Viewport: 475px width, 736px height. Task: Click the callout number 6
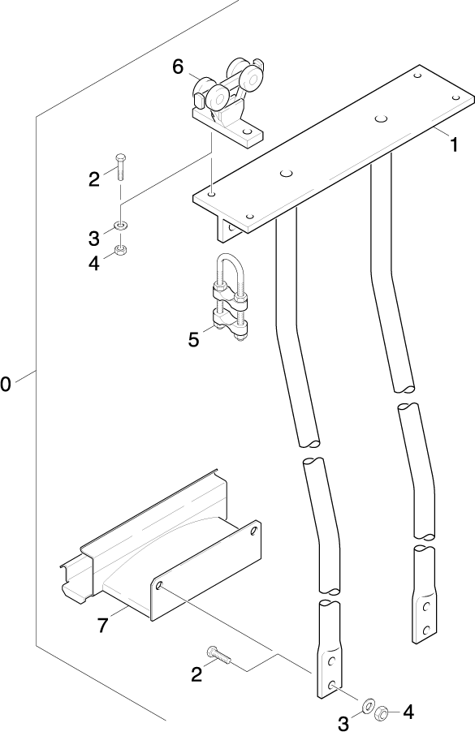coord(178,67)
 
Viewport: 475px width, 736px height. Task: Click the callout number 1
coord(453,145)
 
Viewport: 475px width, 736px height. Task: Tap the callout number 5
coord(193,339)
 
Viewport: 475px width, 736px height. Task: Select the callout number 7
coord(103,625)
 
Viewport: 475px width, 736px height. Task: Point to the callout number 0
coord(5,384)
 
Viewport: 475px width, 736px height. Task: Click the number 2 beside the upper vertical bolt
coord(94,179)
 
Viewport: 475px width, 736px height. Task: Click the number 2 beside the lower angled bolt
coord(196,674)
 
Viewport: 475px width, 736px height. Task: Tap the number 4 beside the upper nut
coord(94,264)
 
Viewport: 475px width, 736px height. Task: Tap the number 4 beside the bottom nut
coord(408,712)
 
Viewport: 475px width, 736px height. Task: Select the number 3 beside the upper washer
coord(94,239)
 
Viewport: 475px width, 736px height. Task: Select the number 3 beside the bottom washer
coord(343,723)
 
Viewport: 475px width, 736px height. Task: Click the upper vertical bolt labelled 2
coord(120,167)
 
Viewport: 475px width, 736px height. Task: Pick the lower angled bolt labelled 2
coord(218,656)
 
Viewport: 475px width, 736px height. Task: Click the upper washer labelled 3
coord(121,226)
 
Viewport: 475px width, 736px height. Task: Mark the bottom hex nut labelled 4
coord(382,713)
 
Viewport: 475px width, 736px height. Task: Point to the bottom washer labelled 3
coord(368,704)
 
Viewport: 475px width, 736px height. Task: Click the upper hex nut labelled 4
coord(121,250)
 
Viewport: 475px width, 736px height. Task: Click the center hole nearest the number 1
coord(381,118)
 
